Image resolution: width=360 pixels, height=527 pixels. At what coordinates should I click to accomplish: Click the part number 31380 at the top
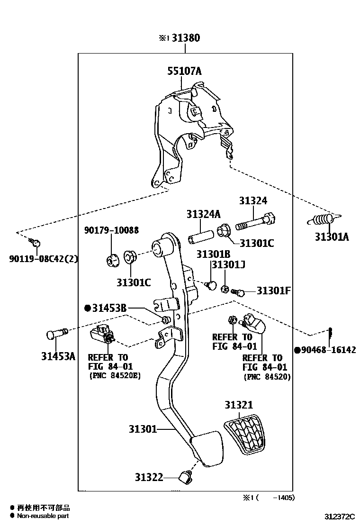point(185,38)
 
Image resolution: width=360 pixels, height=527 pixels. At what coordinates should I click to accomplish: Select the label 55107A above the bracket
point(184,71)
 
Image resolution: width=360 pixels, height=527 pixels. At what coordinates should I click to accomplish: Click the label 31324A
point(203,214)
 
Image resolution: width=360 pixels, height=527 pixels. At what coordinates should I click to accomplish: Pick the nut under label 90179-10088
point(112,260)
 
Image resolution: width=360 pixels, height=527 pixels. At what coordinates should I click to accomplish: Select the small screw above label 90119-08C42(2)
point(35,243)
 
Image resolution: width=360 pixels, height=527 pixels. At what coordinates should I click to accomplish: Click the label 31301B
point(213,254)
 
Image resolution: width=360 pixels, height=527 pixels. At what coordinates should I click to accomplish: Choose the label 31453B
point(109,309)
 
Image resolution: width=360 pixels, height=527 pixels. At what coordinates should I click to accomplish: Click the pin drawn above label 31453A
point(56,334)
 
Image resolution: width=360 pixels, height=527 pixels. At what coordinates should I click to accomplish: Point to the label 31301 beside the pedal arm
point(142,429)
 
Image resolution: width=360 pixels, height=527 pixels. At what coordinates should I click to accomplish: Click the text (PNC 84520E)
point(115,376)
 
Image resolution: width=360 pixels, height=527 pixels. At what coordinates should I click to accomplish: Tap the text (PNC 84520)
point(267,377)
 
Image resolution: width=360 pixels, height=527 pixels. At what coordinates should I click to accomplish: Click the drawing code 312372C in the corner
point(339,516)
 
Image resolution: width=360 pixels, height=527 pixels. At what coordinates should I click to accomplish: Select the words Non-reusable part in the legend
point(43,516)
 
